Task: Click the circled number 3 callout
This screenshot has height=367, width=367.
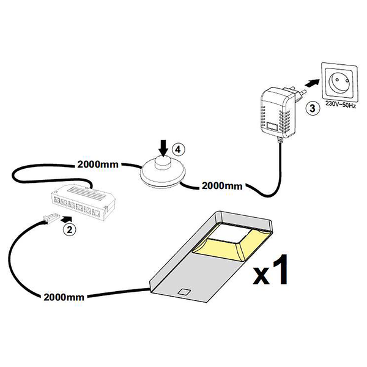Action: (x=311, y=110)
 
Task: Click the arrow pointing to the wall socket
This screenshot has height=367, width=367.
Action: (x=312, y=83)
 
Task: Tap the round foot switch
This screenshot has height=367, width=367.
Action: (x=161, y=171)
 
